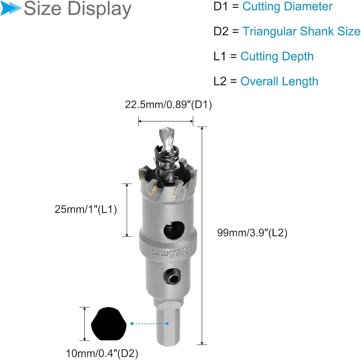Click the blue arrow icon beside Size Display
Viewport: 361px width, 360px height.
tap(10, 8)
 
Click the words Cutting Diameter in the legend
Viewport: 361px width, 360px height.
tap(287, 6)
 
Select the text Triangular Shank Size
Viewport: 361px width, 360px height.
tap(301, 31)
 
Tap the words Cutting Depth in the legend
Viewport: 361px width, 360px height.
tap(277, 56)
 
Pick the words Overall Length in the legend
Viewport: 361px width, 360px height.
tap(279, 81)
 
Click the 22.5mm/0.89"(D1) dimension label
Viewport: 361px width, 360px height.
tap(168, 105)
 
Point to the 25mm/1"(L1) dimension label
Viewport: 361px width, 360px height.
tap(86, 209)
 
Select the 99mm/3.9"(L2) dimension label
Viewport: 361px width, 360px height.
tap(252, 233)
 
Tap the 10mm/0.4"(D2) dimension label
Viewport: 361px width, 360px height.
tap(102, 354)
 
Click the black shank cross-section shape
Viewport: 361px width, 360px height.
tap(109, 324)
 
